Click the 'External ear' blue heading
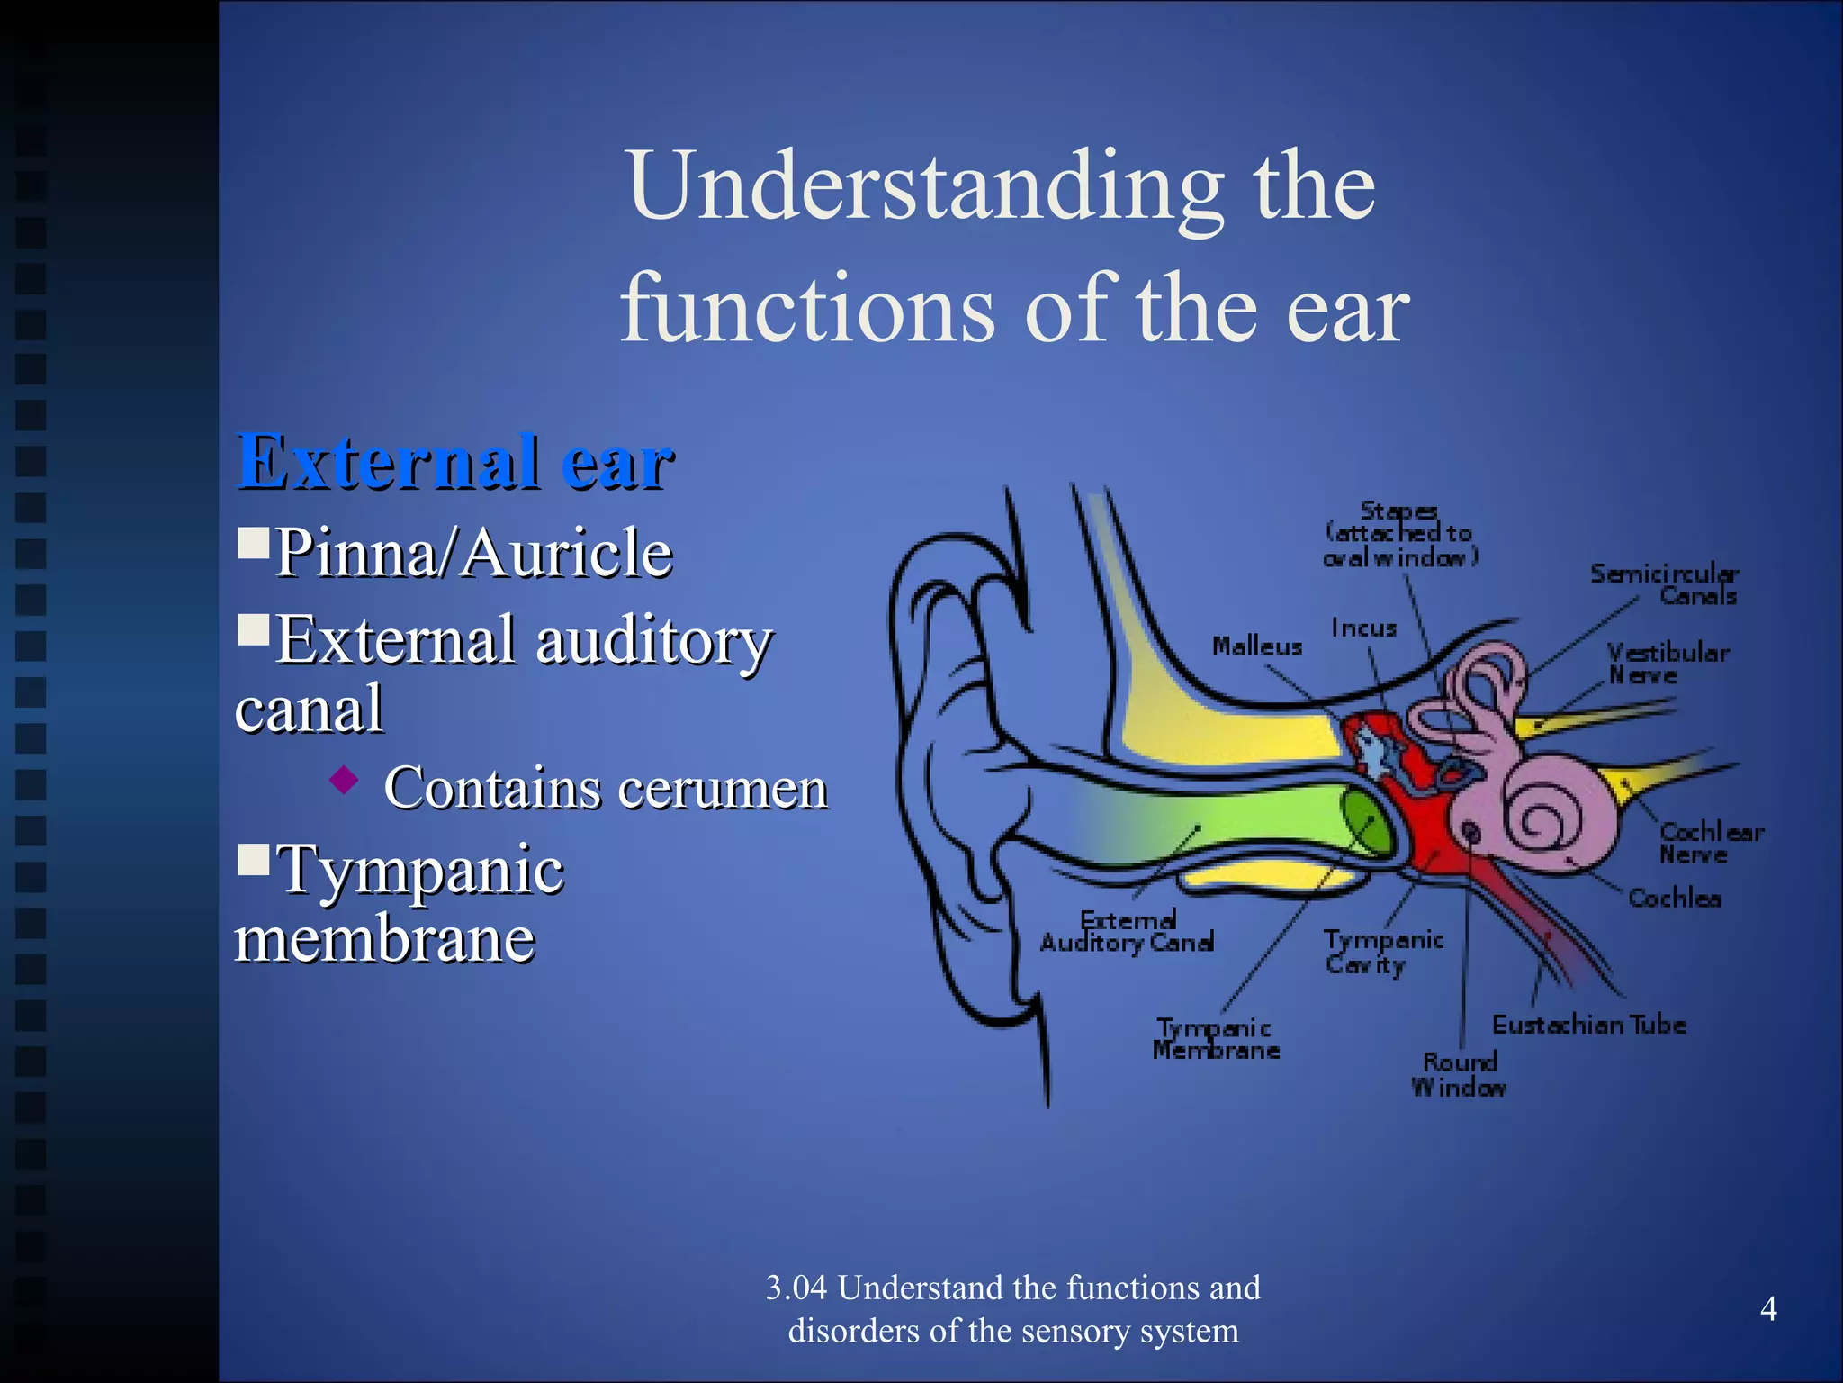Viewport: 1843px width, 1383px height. (x=454, y=462)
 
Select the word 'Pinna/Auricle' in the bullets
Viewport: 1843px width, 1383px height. (x=473, y=552)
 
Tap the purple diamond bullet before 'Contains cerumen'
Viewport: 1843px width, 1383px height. (x=344, y=780)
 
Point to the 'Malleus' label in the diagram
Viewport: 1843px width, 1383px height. (x=1256, y=646)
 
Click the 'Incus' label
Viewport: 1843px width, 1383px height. (x=1363, y=628)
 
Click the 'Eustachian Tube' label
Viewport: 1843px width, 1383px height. (x=1588, y=1025)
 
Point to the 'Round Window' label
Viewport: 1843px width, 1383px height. (x=1459, y=1074)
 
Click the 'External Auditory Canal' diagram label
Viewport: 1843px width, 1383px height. (x=1128, y=931)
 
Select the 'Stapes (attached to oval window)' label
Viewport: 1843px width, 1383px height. (x=1399, y=534)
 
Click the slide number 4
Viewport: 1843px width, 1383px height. (x=1767, y=1309)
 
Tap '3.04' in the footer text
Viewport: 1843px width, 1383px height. (x=796, y=1288)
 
